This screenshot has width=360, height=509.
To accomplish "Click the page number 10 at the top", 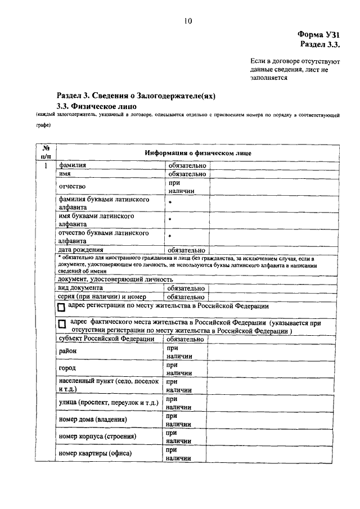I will (187, 21).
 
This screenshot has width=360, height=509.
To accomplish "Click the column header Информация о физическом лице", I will (197, 153).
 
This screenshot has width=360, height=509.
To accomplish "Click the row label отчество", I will (73, 186).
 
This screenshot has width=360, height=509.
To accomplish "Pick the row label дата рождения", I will (81, 249).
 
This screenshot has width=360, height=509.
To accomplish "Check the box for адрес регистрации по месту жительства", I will (61, 308).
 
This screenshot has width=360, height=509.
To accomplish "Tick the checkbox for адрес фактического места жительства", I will (61, 325).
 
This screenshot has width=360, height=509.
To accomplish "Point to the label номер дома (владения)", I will (92, 419).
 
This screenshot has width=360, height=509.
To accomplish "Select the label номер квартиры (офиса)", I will (94, 453).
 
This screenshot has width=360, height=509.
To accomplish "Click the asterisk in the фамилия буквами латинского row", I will (169, 202).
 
